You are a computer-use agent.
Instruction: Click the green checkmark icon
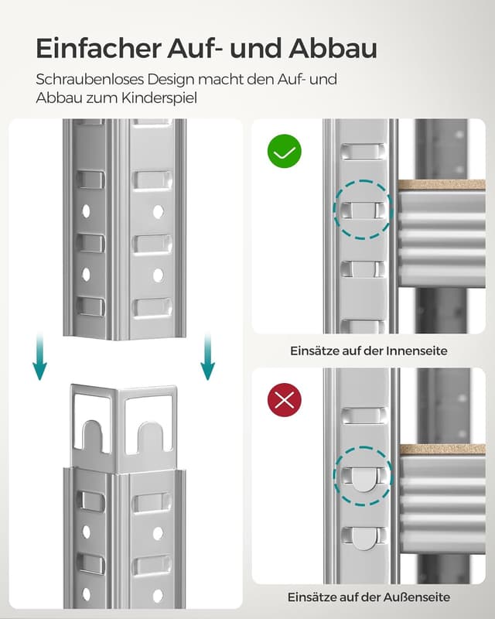tap(284, 152)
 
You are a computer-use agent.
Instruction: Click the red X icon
tap(284, 400)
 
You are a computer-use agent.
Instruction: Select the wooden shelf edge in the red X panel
tap(442, 449)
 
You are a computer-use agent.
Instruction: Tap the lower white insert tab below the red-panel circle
tap(362, 537)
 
